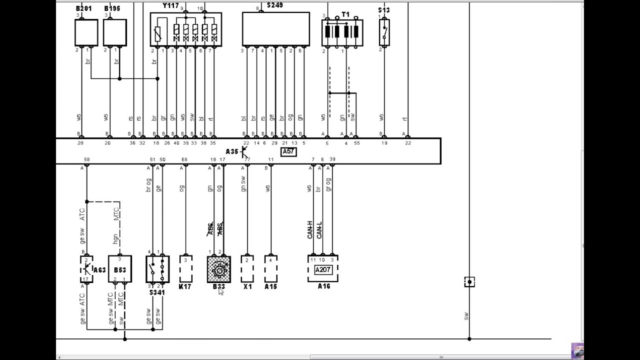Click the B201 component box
86,33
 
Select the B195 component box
114,33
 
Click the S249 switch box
275,29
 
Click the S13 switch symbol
384,32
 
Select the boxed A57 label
288,152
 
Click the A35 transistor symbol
244,152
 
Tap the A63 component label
99,270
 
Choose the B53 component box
120,269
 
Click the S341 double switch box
157,269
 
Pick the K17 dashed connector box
185,269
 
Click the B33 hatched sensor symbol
219,269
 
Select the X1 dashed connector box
247,269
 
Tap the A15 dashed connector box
270,269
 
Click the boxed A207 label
323,270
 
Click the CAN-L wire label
319,229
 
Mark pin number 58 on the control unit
86,159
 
